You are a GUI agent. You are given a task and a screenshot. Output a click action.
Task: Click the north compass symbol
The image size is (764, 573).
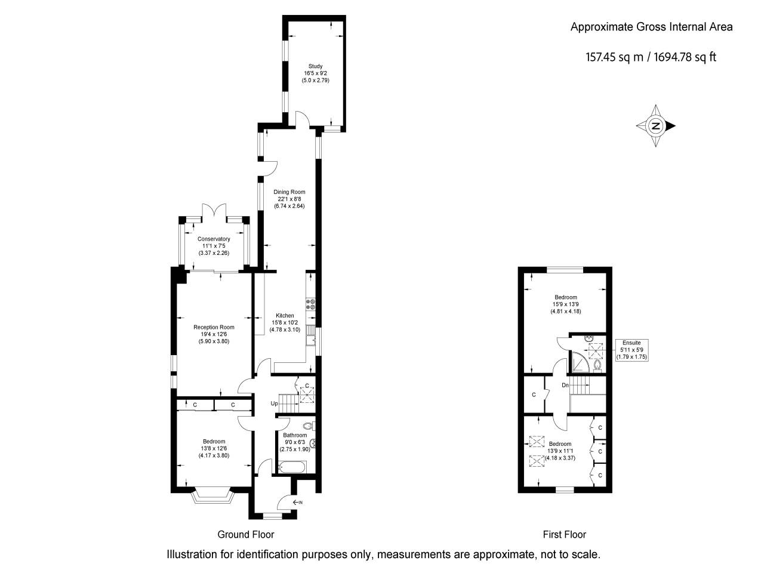coord(655,126)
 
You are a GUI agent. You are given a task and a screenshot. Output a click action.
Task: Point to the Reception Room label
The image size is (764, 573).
coord(214,327)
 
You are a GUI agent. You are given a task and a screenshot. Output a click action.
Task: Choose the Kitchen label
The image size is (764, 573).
coord(285,316)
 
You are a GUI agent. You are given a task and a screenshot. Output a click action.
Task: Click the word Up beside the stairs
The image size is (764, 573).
coord(274,403)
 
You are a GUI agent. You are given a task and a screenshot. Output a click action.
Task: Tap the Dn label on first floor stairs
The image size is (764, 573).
coord(565,385)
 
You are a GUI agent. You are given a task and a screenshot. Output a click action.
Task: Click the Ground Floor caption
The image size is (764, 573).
coord(245,534)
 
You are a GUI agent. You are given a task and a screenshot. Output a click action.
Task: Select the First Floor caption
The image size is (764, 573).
coord(564,534)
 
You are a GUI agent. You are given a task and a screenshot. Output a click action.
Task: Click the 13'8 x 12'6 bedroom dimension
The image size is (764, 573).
coord(214,448)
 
